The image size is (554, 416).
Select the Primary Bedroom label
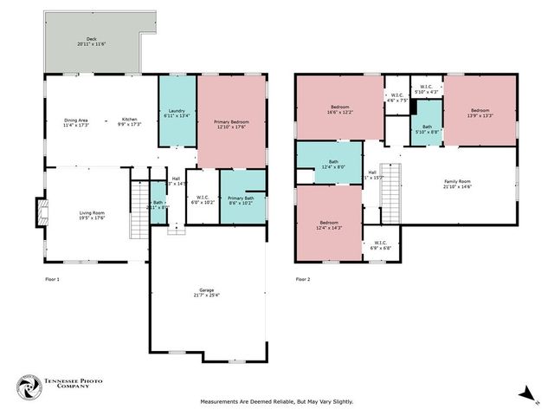pos(231,124)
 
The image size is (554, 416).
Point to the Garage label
pos(206,292)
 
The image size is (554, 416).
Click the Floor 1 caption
pos(53,279)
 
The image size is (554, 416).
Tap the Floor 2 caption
pos(302,279)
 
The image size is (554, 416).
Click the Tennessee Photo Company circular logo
pos(29,388)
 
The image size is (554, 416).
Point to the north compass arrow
pos(525,394)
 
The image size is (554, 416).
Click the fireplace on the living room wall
pos(39,213)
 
